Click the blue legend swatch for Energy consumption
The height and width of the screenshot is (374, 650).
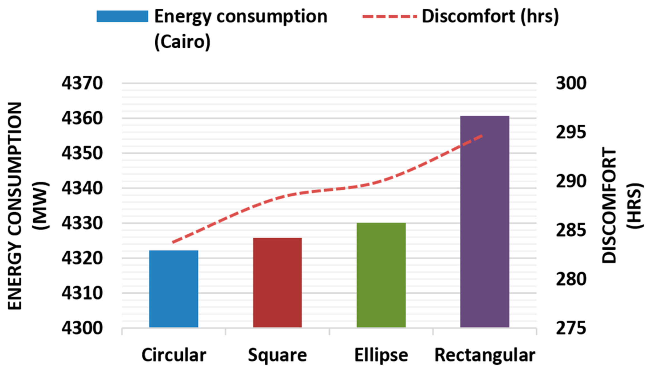pos(122,16)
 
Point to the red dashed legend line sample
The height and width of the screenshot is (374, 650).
pos(389,16)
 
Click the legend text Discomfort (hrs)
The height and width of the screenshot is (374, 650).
pos(490,16)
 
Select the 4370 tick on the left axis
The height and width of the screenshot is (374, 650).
pos(82,83)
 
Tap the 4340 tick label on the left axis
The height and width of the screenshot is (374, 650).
pos(82,188)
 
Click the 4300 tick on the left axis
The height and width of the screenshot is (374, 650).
pos(82,328)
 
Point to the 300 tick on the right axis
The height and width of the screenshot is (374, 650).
pos(571,83)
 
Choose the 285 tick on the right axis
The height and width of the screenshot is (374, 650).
pos(571,230)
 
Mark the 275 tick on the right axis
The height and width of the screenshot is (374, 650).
pos(571,328)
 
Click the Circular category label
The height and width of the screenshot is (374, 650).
pos(174,355)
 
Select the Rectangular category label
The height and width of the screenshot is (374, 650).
pos(485,355)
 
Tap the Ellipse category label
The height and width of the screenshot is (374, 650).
pos(381,355)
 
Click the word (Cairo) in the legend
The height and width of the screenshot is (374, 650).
pos(182,42)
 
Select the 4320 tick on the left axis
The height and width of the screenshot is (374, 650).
pos(82,258)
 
